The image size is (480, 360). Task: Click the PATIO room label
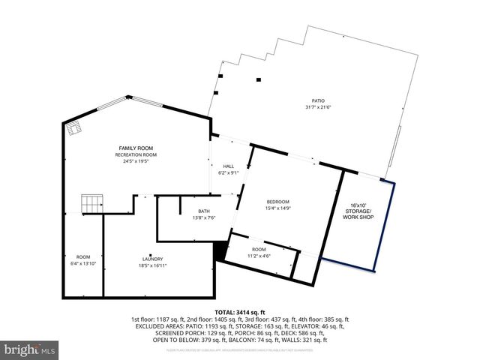coord(319,100)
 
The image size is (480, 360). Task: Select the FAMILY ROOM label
coord(136,148)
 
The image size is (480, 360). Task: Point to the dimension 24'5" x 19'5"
coord(136,161)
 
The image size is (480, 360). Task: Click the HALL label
coord(229,166)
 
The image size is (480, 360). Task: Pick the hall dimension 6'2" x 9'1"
coord(229,172)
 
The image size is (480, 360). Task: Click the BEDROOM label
coord(277,202)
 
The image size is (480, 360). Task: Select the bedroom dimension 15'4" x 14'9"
coord(277,208)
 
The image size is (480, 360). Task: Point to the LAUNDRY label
coord(151,258)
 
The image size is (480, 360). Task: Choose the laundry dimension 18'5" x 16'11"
coord(151,265)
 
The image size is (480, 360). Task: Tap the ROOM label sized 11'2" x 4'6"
coord(259,249)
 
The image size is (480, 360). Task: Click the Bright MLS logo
coord(30,349)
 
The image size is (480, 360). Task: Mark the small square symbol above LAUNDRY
coord(150,253)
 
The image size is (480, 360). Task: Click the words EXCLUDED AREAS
coord(157,326)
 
